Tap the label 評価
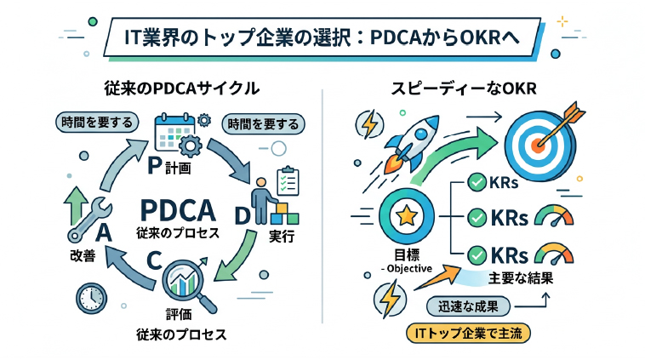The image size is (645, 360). (x=179, y=314)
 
